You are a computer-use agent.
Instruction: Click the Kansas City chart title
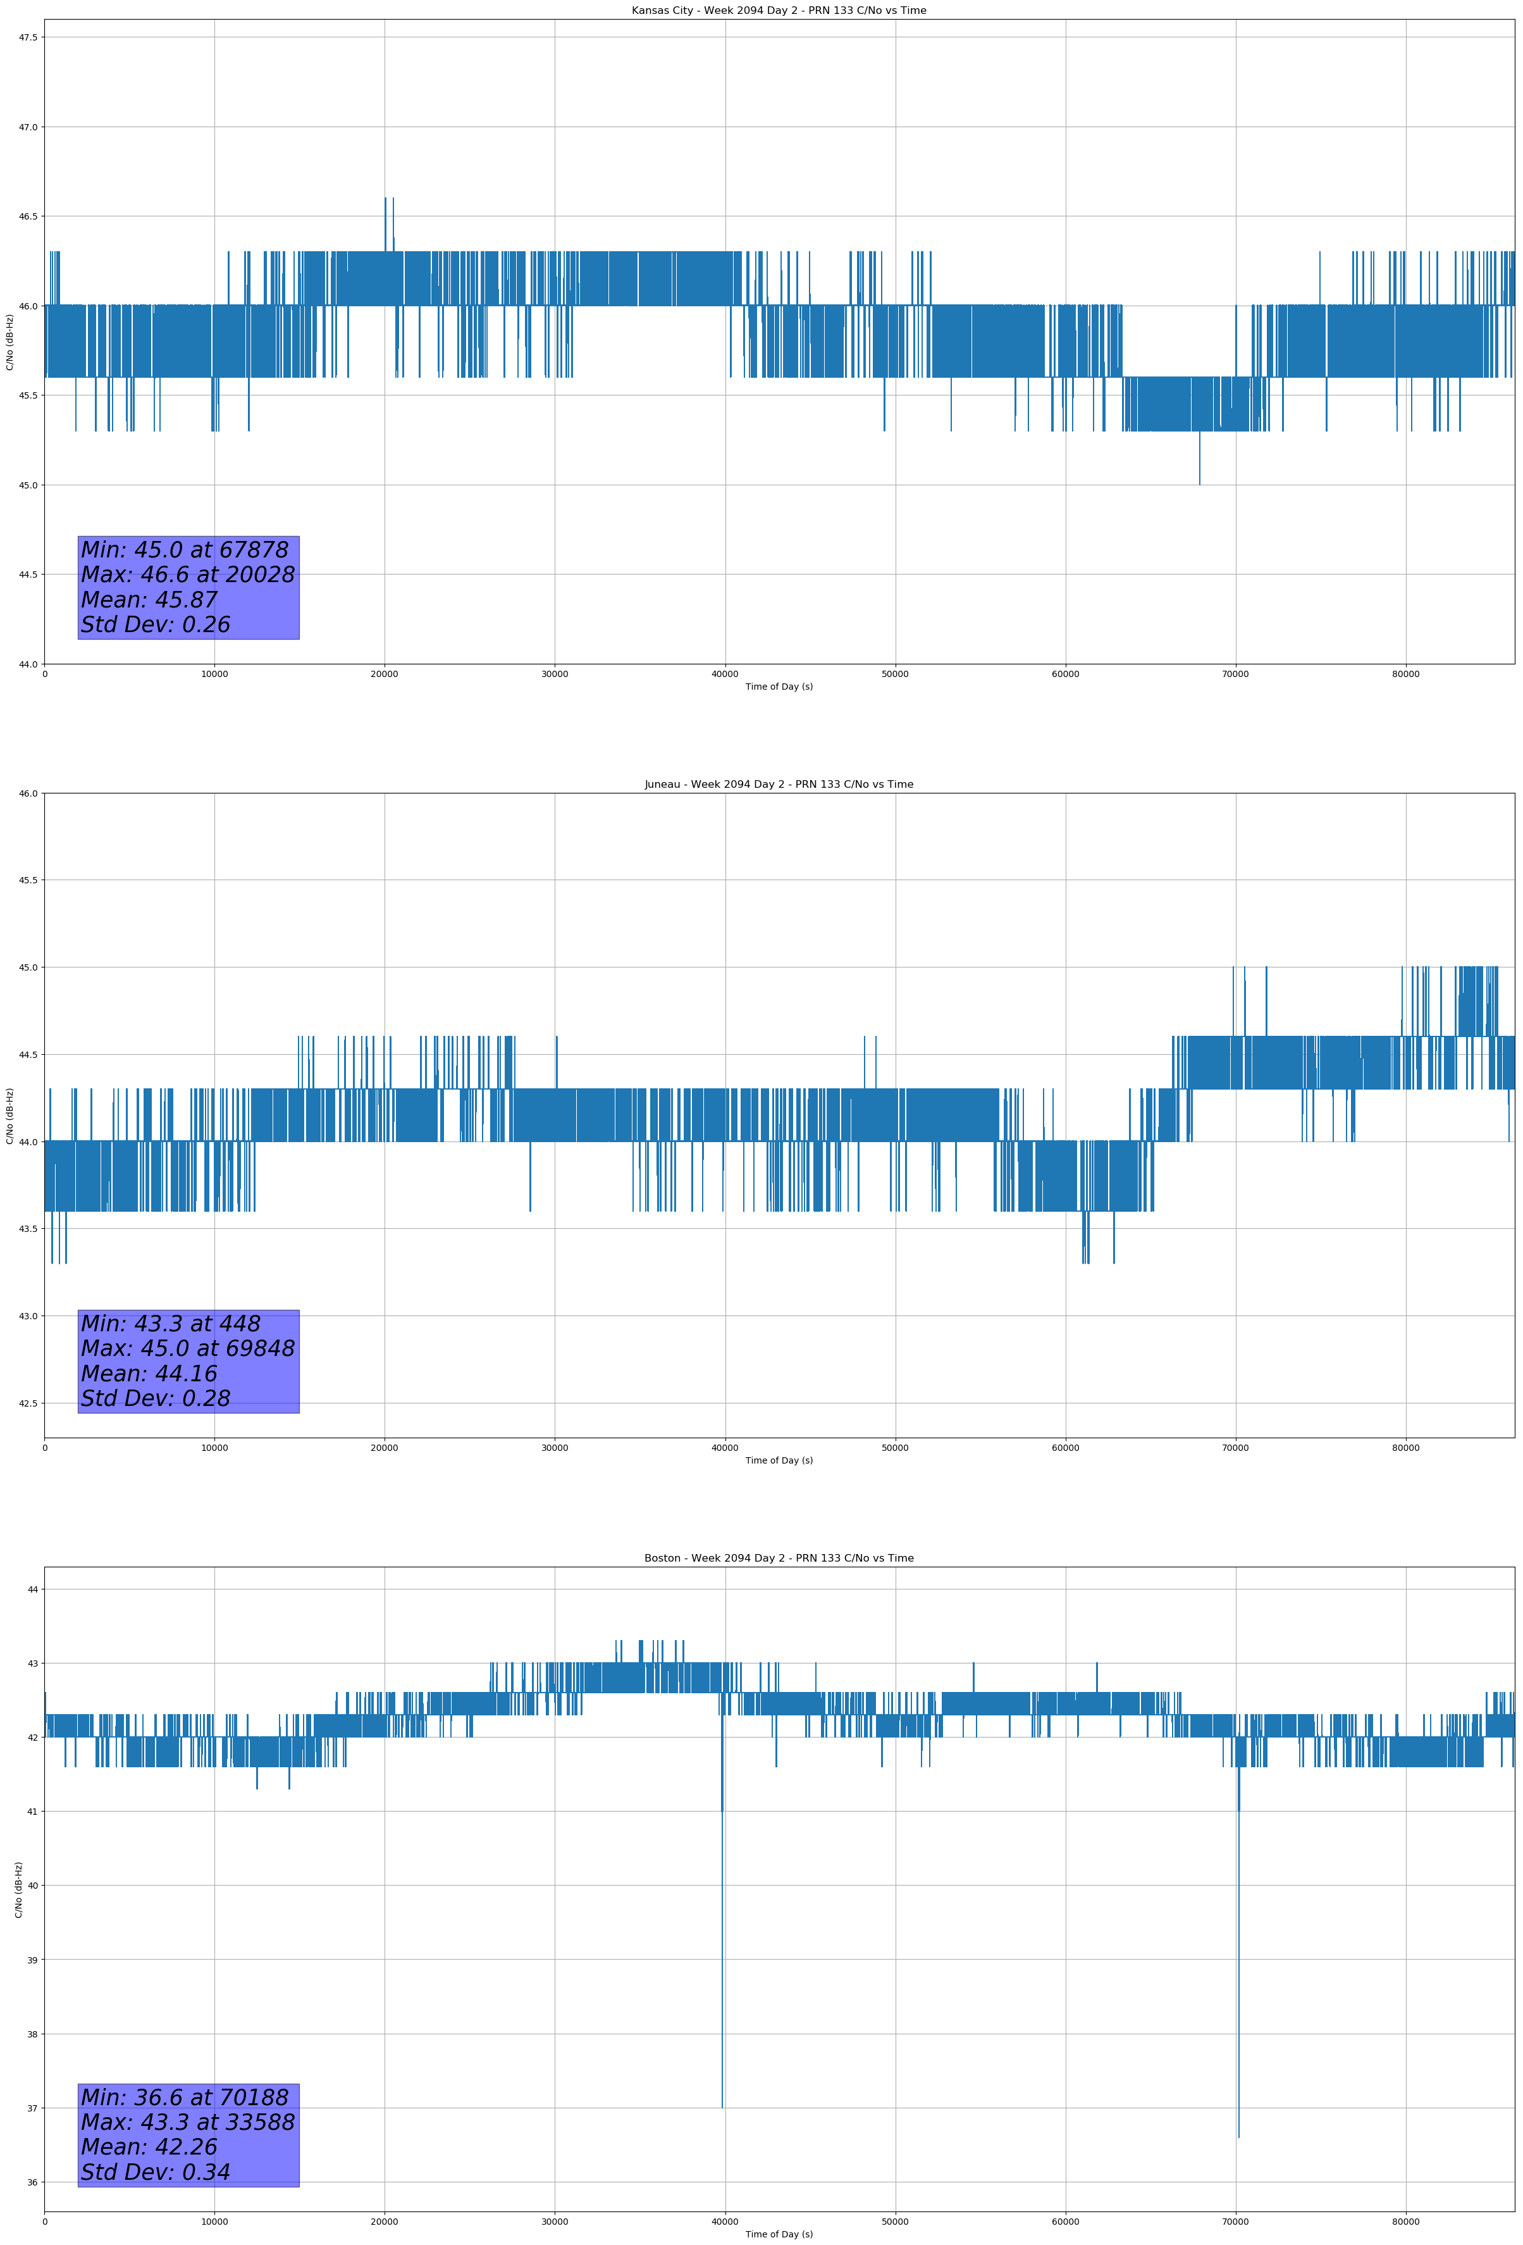coord(779,11)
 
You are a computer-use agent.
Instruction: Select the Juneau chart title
coord(779,785)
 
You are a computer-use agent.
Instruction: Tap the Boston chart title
coord(779,1558)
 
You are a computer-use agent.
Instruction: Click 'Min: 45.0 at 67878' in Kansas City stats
coord(185,550)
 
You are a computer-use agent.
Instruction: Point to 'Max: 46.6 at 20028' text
coord(187,575)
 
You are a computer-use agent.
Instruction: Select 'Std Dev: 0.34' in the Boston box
coord(156,2172)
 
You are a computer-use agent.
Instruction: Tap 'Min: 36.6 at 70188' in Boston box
coord(185,2097)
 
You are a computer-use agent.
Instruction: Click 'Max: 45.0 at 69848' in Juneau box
coord(187,1348)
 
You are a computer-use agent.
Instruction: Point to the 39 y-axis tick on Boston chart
coord(32,1959)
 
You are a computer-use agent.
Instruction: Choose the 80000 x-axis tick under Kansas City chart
coord(1405,675)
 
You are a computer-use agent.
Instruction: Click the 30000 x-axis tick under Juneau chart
coord(554,1447)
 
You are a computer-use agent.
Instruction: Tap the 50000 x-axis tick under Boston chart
coord(895,2222)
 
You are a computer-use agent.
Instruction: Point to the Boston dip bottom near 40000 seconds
coord(722,2107)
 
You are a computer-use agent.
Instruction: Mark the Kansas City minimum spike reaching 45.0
coord(1199,483)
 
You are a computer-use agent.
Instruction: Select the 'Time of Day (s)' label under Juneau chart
coord(779,1460)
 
